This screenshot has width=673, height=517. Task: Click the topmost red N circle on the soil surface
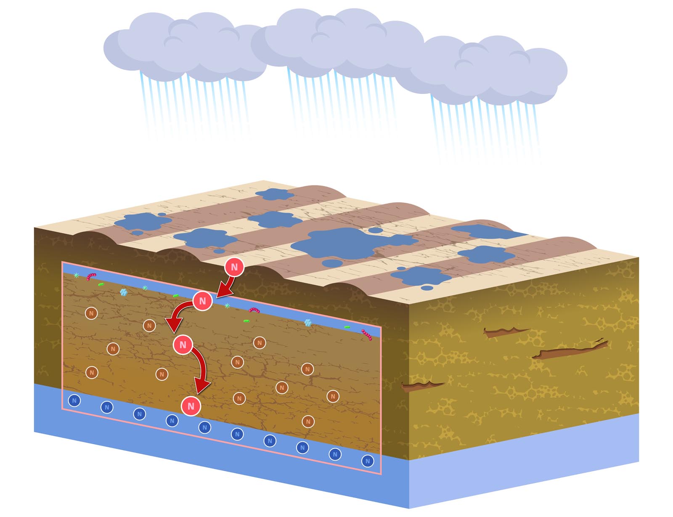(x=234, y=267)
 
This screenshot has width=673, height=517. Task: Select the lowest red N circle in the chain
(x=191, y=406)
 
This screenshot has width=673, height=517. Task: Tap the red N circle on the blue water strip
(x=202, y=301)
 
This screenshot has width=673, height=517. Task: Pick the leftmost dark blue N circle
(x=74, y=400)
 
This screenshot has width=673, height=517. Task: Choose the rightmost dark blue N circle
(x=368, y=461)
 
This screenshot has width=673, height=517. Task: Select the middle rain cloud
(x=336, y=42)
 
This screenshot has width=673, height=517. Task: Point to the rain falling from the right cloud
(x=484, y=126)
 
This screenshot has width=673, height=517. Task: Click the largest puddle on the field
(x=345, y=244)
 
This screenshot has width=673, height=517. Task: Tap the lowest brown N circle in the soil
(x=308, y=422)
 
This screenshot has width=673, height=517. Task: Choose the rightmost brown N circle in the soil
(x=333, y=396)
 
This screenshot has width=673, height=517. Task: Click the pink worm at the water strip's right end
(x=367, y=334)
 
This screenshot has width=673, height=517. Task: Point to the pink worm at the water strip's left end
(x=91, y=277)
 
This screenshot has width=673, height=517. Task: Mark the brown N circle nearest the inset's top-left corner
(x=91, y=313)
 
